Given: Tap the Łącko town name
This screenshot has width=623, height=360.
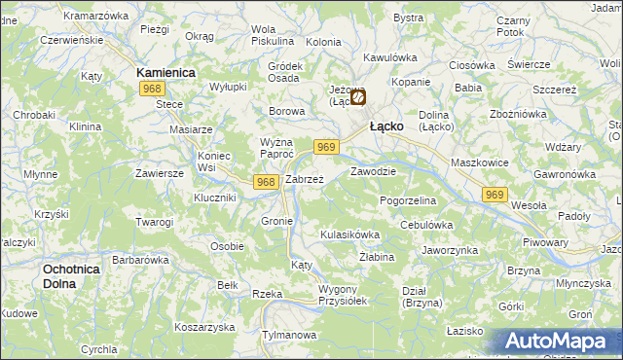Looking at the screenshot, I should (388, 126).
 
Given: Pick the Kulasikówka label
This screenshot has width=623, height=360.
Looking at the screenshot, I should (348, 234).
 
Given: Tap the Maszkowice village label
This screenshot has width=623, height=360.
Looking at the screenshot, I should (479, 162).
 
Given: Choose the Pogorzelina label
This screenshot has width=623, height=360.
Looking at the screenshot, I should (408, 199).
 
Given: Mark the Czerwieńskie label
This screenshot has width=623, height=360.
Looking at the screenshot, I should (70, 41).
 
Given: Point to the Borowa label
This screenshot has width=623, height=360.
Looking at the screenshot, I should (287, 111).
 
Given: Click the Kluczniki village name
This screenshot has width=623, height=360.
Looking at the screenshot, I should (215, 198).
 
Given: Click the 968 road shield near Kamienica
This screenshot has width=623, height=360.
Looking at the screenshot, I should (151, 89).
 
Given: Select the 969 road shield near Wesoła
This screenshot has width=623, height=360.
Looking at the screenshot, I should (495, 196).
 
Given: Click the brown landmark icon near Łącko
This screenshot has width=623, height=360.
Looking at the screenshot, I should (359, 97).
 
